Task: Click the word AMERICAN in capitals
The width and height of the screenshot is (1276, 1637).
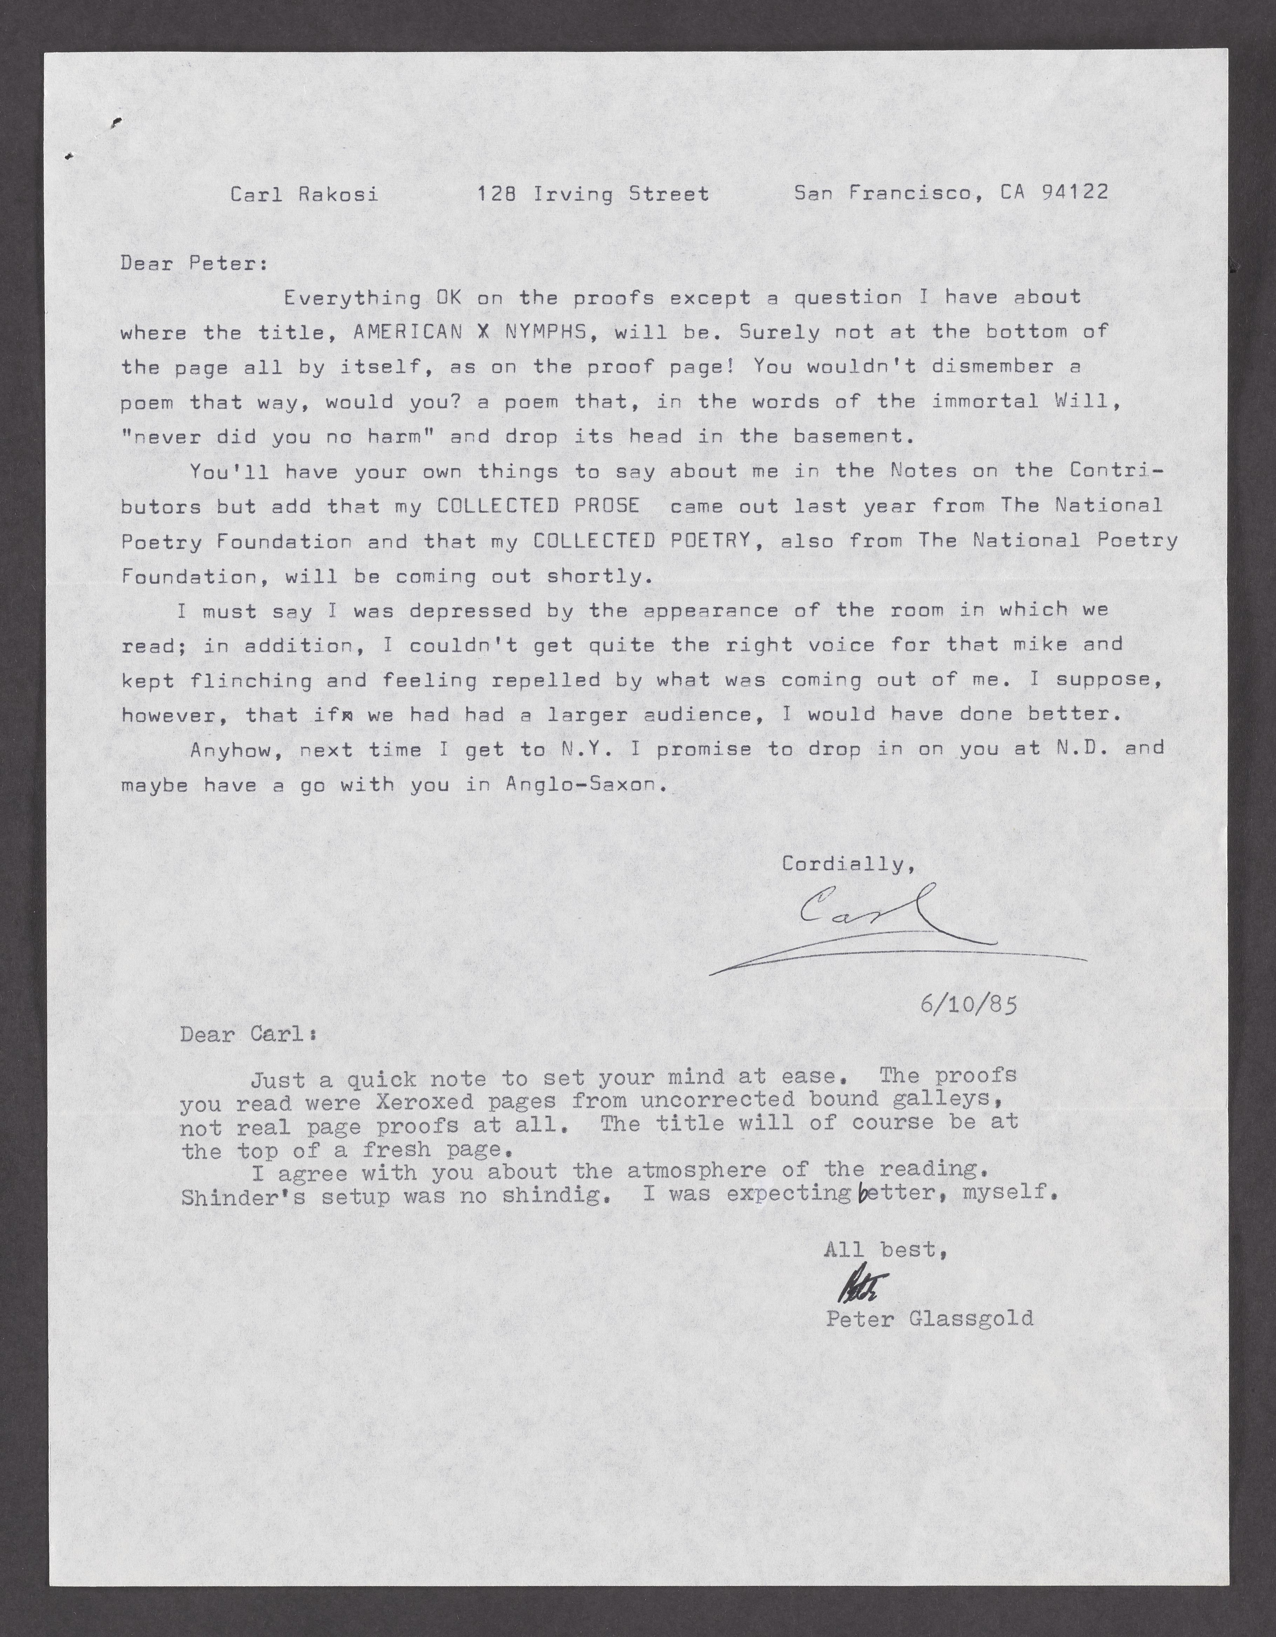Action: point(407,332)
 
